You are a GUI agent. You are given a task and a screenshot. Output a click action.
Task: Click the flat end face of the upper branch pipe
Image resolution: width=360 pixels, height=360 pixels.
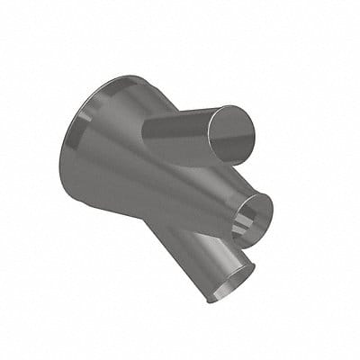coord(232,134)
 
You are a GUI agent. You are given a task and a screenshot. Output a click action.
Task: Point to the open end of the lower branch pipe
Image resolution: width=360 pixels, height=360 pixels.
coord(230,285)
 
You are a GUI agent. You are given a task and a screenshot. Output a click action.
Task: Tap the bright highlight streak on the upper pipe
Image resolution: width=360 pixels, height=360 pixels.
coord(184,121)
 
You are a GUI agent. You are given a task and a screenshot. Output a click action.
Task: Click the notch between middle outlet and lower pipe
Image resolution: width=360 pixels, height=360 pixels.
coord(236,245)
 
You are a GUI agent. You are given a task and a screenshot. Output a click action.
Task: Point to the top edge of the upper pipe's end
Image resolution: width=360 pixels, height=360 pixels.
coord(236,106)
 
